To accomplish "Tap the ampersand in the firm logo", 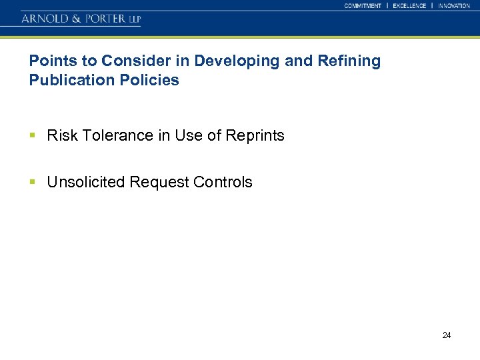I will point(75,19).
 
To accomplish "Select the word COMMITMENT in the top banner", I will point(363,5).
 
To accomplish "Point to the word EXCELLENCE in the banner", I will point(409,5).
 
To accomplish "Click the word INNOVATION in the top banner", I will point(454,5).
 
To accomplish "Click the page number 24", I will point(447,335).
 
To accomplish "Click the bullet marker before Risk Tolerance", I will point(33,135).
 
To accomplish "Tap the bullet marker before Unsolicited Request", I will point(33,182).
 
